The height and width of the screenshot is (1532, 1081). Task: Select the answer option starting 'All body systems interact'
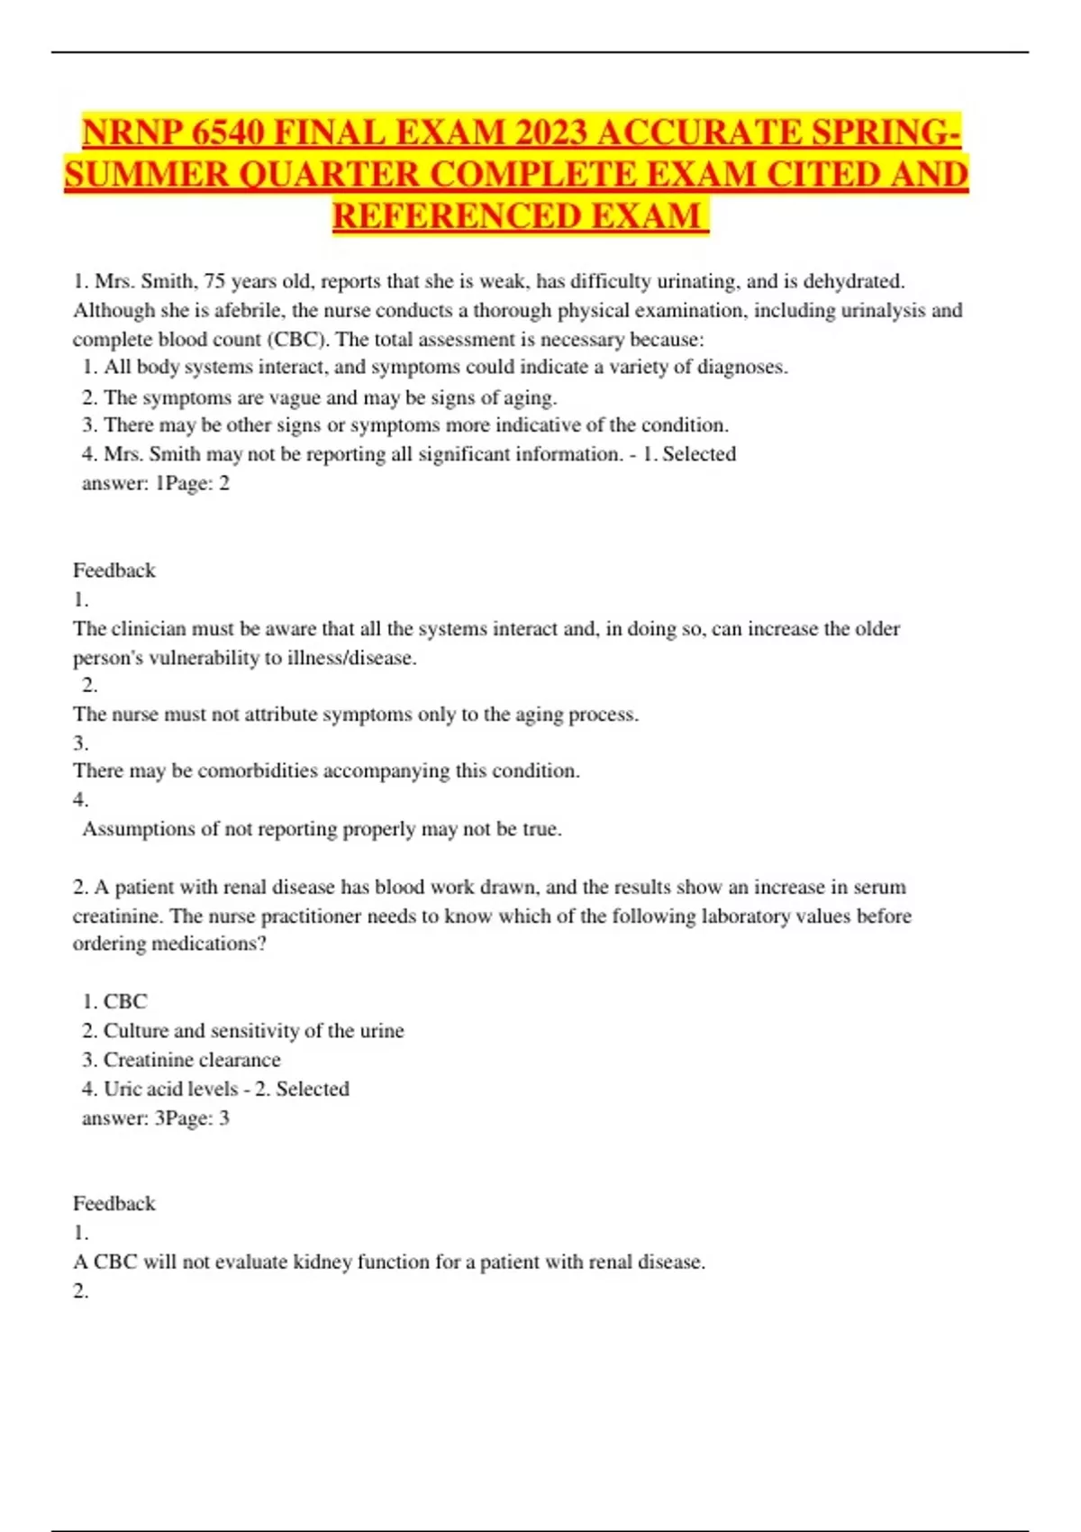(x=435, y=368)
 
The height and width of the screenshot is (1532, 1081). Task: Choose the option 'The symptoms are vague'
(x=320, y=397)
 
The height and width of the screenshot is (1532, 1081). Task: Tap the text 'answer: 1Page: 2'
(x=156, y=483)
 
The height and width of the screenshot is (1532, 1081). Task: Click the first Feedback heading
(x=114, y=570)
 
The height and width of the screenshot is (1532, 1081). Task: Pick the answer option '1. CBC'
(x=114, y=1001)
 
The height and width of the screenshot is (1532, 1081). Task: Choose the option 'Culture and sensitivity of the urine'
(x=243, y=1031)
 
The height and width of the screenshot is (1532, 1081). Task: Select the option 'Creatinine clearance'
(x=182, y=1060)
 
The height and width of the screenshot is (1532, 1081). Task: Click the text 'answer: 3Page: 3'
(x=156, y=1118)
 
